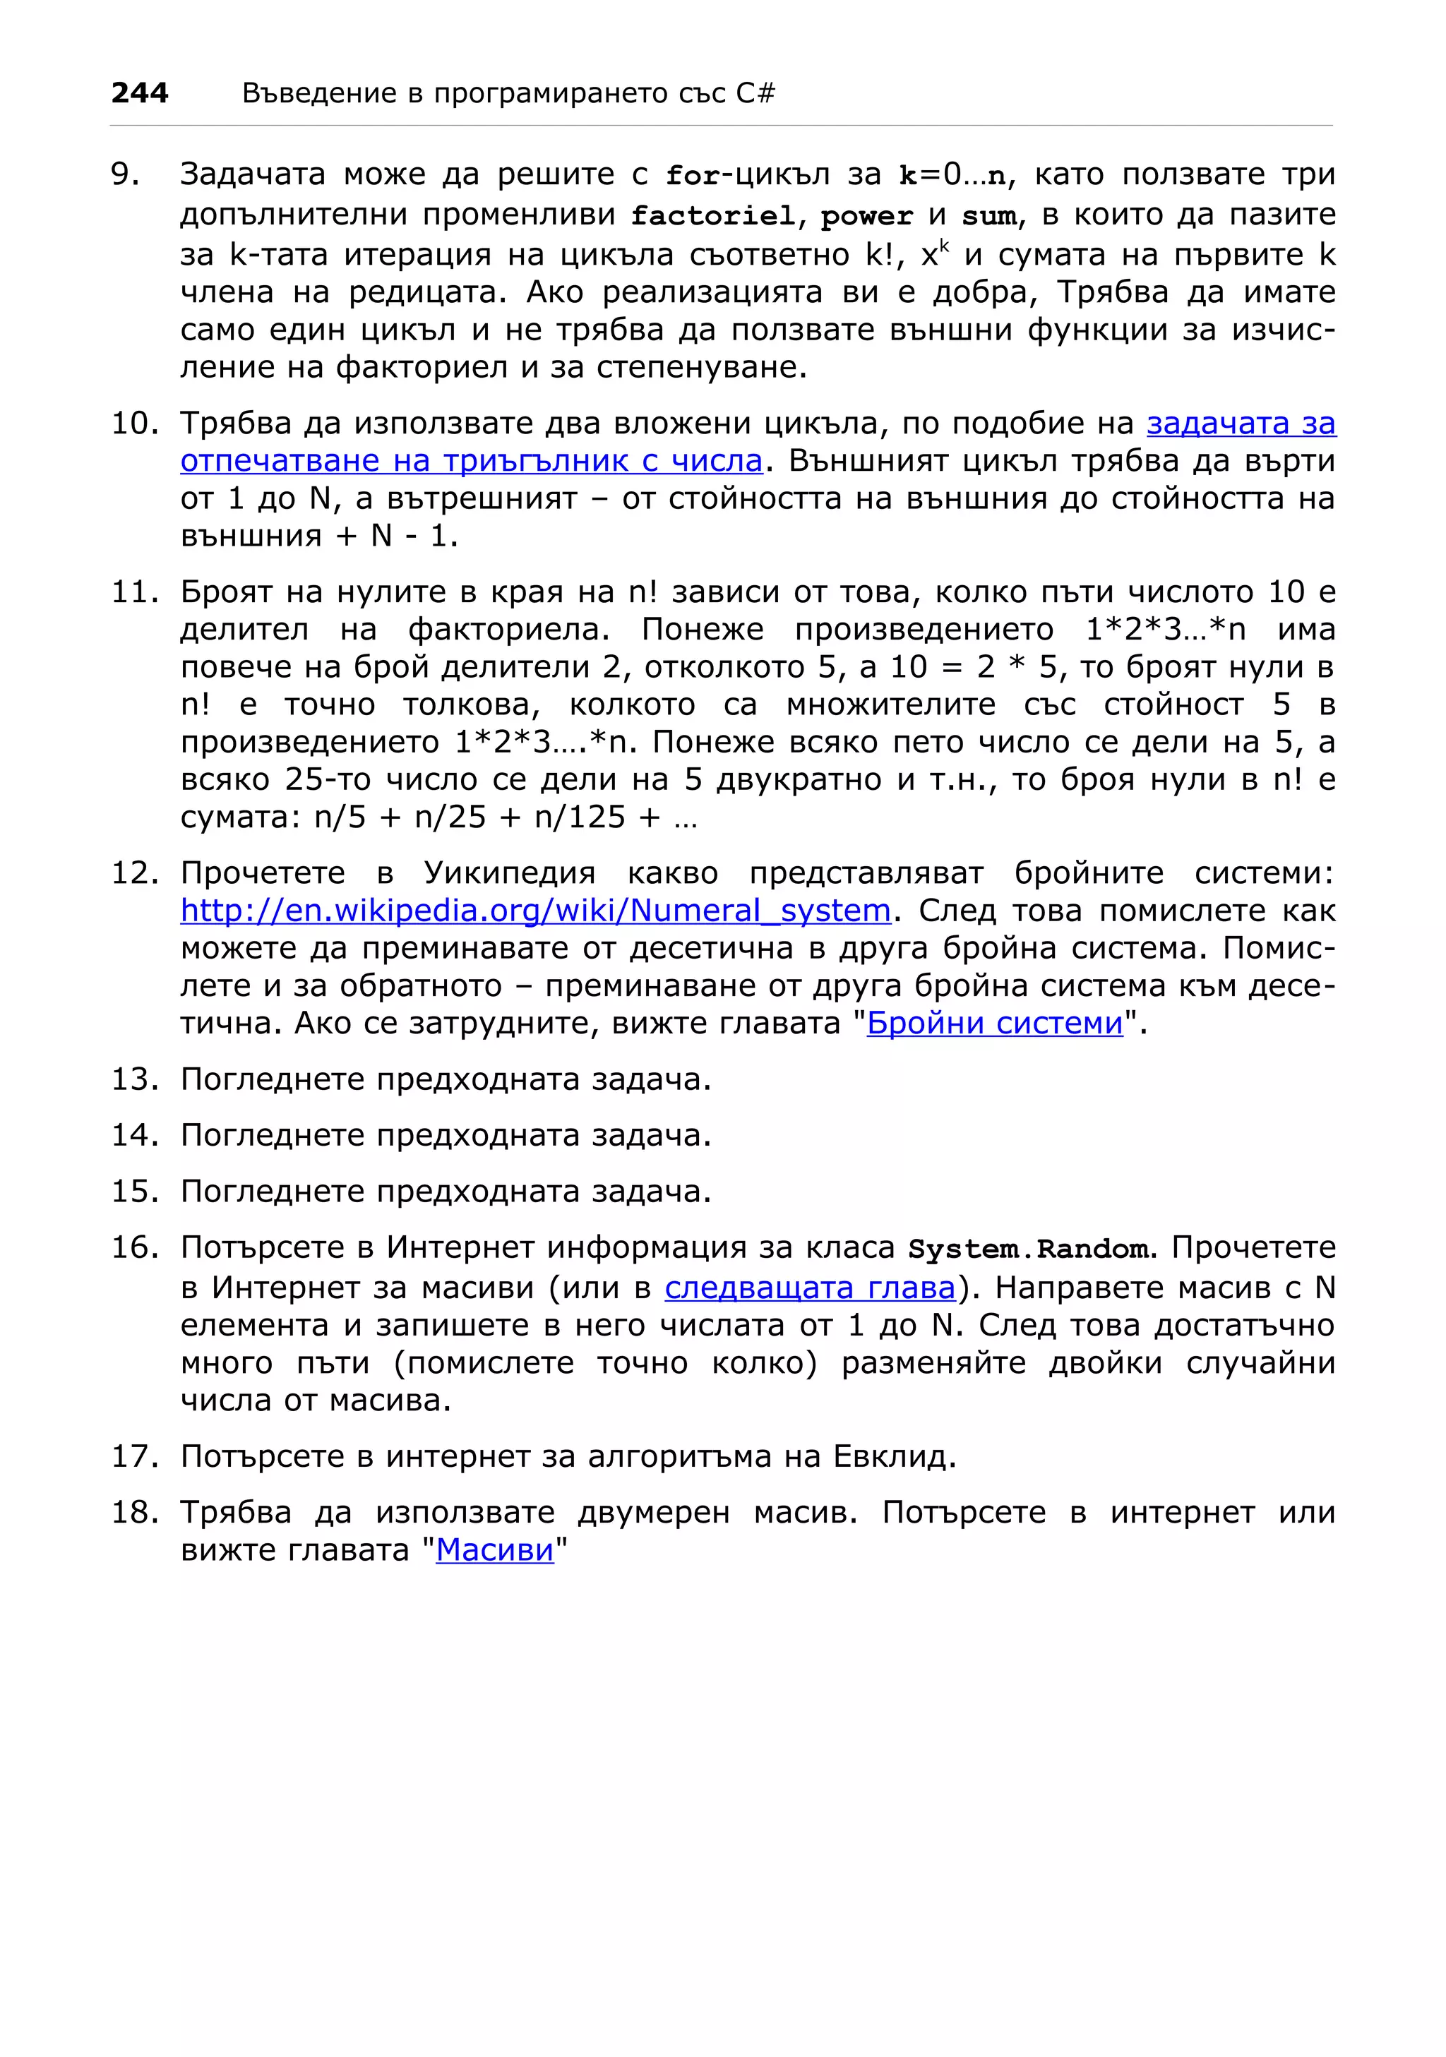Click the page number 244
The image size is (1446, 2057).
point(140,92)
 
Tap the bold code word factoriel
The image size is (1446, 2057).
point(712,216)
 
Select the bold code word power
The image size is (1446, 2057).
point(866,217)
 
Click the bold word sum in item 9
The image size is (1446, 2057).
point(989,217)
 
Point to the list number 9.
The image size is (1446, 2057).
point(126,174)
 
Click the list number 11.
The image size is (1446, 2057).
point(133,592)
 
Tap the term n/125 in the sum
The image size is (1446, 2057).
point(579,816)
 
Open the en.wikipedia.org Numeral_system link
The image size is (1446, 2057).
point(535,910)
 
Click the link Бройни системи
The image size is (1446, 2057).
point(994,1023)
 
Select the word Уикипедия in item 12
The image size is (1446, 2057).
point(509,872)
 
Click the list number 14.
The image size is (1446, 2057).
point(133,1135)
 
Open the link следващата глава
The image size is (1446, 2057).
point(810,1288)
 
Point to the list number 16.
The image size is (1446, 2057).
point(133,1247)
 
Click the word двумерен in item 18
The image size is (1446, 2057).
point(653,1512)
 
